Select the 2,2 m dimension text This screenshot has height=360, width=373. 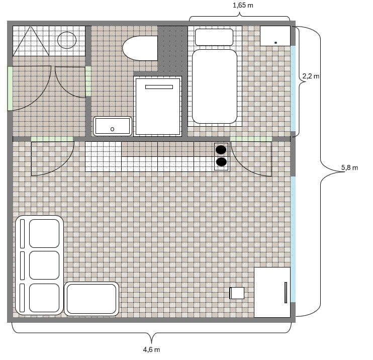point(311,76)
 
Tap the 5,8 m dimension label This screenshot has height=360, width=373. point(349,167)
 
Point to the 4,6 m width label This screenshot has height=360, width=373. point(151,349)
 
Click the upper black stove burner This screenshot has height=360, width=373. point(221,149)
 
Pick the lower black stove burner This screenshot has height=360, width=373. point(221,162)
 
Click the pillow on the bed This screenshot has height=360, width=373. point(214,37)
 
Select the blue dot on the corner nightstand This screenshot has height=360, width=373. point(275,43)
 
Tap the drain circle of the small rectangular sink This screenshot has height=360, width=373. point(112,129)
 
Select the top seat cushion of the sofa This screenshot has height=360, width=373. point(44,233)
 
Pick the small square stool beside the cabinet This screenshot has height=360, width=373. point(237,293)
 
